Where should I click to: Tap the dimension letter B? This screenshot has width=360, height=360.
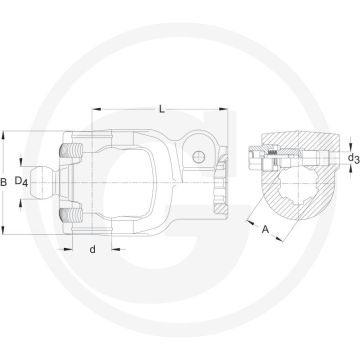coord(6,181)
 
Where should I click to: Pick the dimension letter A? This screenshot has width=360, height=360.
coord(265,229)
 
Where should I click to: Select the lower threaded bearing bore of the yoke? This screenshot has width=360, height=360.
coord(73,214)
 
